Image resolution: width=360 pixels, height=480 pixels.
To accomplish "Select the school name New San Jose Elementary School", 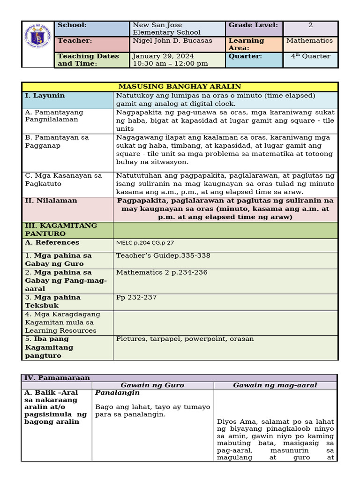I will pyautogui.click(x=166, y=29).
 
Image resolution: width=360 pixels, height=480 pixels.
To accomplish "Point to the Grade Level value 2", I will pyautogui.click(x=310, y=25).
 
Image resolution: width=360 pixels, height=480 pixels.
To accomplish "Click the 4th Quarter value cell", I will pyautogui.click(x=310, y=56).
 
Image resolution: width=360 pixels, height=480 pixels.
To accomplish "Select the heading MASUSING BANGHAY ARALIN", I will pyautogui.click(x=180, y=87).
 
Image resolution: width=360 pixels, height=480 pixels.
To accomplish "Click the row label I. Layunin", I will pyautogui.click(x=45, y=96).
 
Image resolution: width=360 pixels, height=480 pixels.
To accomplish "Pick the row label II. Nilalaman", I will pyautogui.click(x=51, y=201).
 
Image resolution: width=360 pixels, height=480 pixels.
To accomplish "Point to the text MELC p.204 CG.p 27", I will pyautogui.click(x=145, y=243).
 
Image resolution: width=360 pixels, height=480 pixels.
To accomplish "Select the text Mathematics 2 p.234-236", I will pyautogui.click(x=162, y=272).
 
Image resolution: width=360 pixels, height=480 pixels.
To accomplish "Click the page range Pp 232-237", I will pyautogui.click(x=136, y=298).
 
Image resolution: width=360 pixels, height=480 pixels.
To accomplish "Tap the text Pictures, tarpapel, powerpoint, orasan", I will pyautogui.click(x=185, y=339).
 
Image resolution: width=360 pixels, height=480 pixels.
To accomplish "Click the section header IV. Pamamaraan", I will pyautogui.click(x=57, y=377).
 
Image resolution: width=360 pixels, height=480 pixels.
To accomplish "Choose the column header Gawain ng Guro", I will pyautogui.click(x=152, y=385).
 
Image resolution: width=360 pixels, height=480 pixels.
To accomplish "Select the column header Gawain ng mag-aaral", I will pyautogui.click(x=275, y=385).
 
